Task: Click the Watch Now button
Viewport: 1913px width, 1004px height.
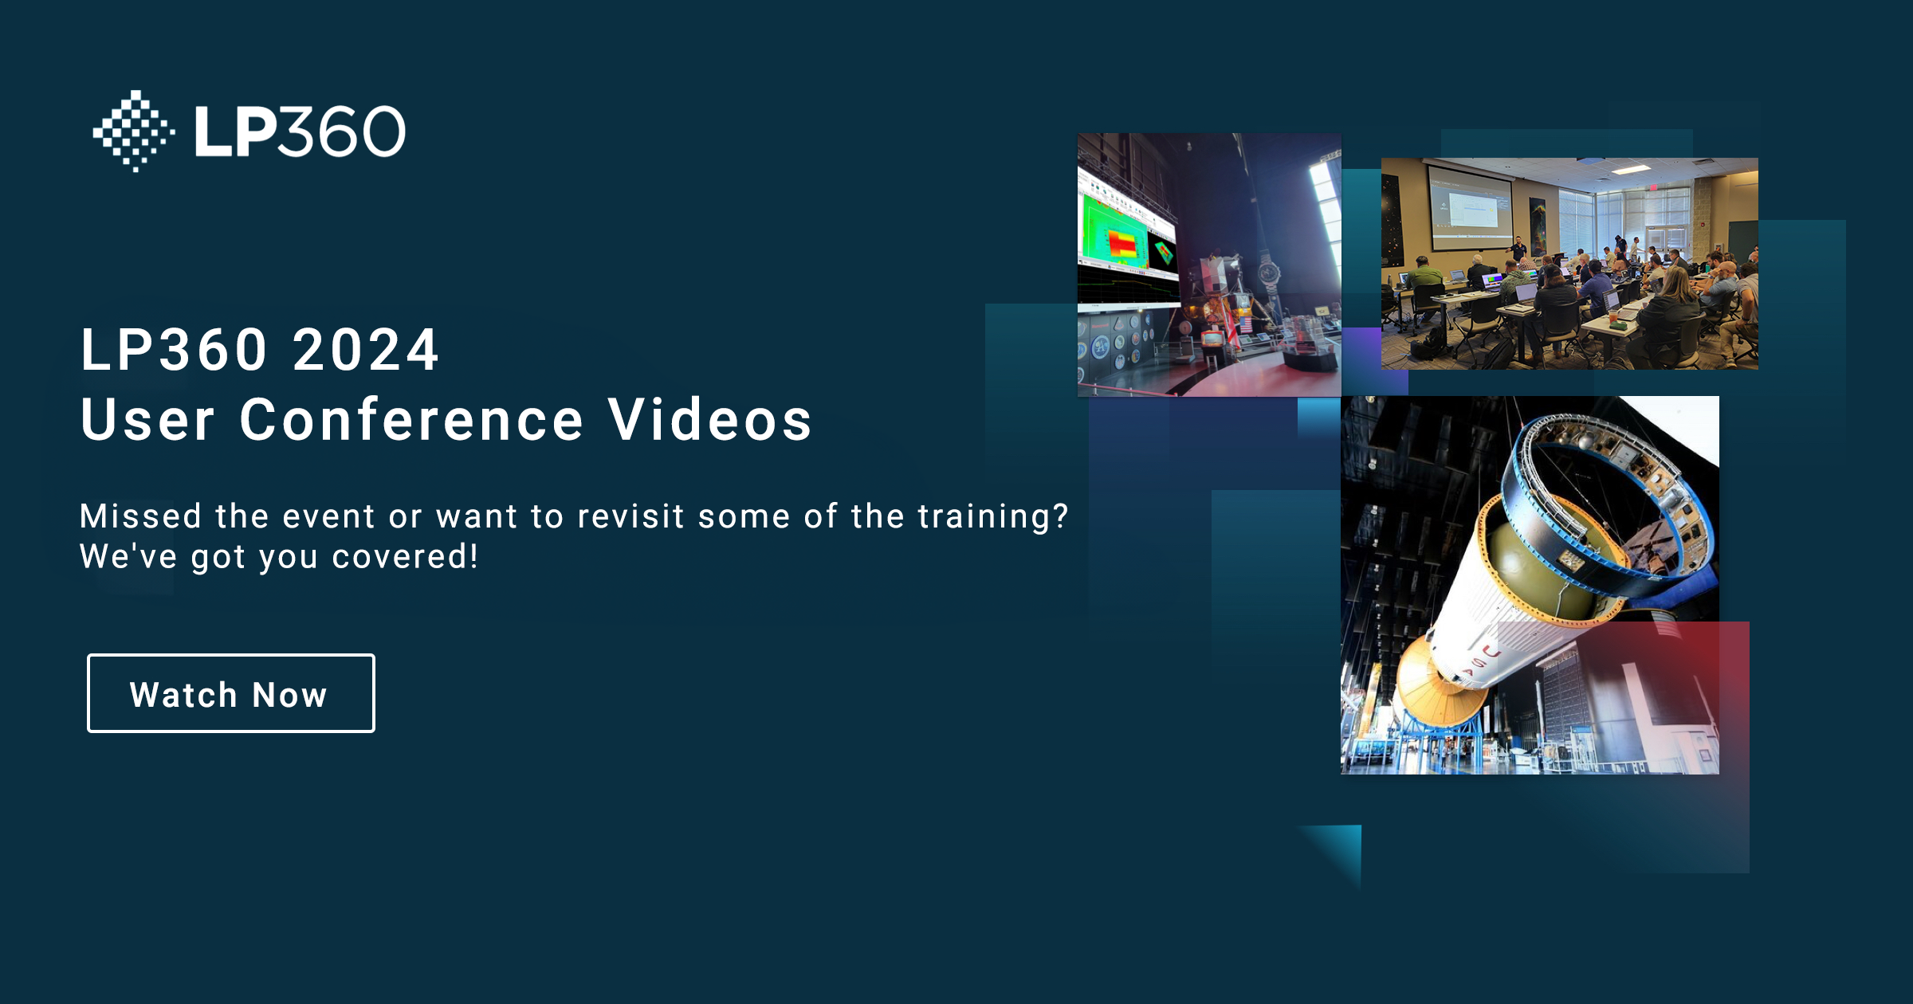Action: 230,693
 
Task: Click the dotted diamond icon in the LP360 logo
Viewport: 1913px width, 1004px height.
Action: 134,131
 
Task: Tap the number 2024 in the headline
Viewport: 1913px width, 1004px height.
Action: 366,351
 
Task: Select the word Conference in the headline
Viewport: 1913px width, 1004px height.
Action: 412,420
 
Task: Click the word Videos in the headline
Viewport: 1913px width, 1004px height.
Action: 709,420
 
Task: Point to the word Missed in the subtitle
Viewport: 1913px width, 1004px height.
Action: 140,516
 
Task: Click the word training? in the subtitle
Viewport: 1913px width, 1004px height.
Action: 992,516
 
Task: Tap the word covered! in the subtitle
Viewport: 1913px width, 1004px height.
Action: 405,556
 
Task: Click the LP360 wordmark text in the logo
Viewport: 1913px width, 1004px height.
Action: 300,131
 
